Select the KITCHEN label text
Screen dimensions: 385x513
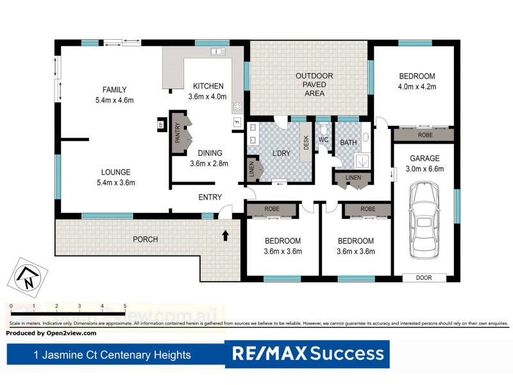point(208,86)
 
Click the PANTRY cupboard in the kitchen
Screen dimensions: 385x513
point(177,133)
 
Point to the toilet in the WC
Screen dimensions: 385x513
point(323,130)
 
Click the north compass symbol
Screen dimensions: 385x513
point(27,276)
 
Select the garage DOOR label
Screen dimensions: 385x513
point(424,278)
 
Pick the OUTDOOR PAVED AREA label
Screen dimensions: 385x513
point(310,85)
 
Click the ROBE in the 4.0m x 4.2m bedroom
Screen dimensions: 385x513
point(425,135)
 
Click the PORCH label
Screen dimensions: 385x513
point(145,239)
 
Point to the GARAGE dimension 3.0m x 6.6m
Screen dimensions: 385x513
point(425,169)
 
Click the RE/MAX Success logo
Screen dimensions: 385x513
point(308,354)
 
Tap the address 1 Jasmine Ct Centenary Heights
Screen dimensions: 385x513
point(112,354)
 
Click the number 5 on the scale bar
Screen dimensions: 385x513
point(124,307)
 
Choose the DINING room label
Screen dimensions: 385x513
point(206,153)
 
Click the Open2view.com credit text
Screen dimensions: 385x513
point(51,333)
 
